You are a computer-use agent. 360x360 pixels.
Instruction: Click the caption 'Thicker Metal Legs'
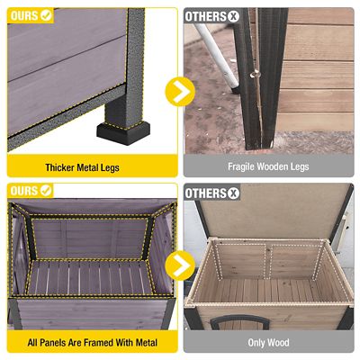pos(82,167)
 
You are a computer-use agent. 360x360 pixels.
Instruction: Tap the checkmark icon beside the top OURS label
pos(46,15)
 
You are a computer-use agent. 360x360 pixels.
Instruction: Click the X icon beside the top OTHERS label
pos(234,16)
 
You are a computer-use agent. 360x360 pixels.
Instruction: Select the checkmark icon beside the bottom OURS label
pos(46,190)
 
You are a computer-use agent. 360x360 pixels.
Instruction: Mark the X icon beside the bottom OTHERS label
pos(234,192)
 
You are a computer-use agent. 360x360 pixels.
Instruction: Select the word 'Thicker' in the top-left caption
pos(60,167)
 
